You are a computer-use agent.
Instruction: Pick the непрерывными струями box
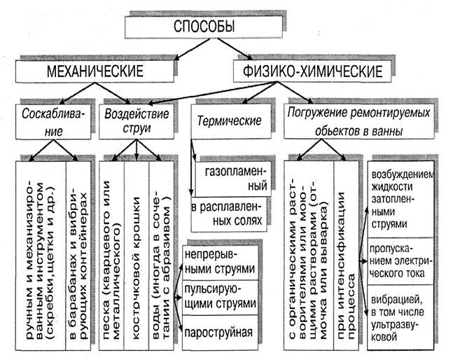[x=216, y=261]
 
